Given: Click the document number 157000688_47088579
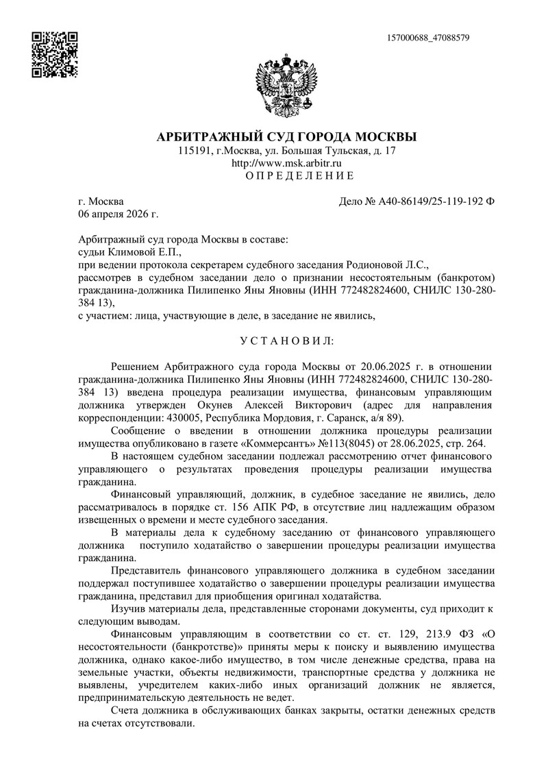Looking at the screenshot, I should click(428, 37).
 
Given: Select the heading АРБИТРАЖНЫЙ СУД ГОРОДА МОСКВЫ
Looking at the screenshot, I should click(286, 136).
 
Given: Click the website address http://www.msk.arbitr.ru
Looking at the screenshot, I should click(286, 163).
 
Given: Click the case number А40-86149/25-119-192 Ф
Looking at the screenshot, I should click(416, 201).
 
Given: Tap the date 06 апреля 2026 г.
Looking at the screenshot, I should click(118, 214).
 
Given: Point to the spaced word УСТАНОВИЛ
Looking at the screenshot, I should click(286, 340).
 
